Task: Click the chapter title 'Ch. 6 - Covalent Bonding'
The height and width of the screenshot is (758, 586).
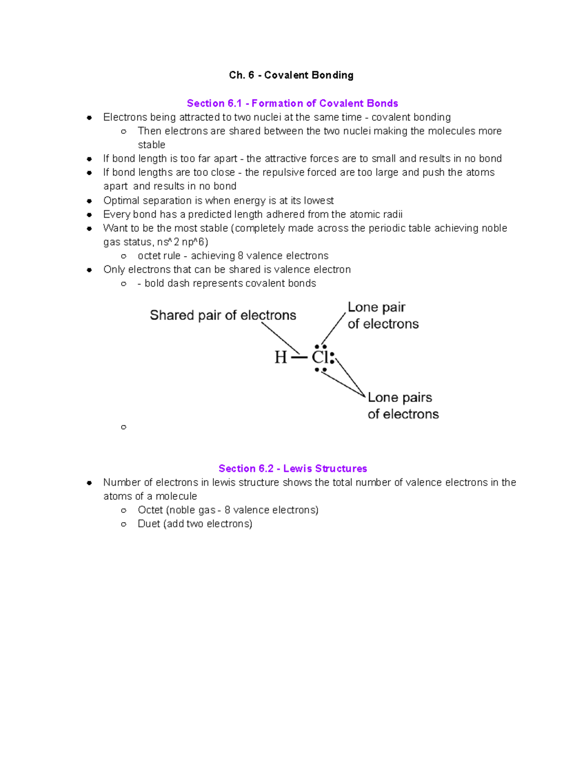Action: [291, 75]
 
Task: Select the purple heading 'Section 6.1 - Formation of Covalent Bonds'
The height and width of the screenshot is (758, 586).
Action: [292, 103]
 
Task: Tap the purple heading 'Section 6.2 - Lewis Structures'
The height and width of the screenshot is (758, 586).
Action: [293, 469]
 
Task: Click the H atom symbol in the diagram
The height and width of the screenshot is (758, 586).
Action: [280, 357]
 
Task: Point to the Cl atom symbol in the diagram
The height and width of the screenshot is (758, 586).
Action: [320, 357]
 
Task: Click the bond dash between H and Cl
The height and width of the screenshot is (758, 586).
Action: [299, 358]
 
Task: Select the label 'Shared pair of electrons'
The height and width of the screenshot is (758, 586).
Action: [223, 315]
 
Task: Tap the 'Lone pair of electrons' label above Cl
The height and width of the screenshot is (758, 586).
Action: [382, 315]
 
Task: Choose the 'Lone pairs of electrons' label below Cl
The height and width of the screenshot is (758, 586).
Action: [402, 406]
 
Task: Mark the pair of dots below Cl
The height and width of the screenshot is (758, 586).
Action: [320, 370]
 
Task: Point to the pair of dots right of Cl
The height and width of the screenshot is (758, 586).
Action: [332, 358]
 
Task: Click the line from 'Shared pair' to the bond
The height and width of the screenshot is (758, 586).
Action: [280, 338]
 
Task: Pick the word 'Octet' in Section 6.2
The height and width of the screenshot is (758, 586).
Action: [150, 510]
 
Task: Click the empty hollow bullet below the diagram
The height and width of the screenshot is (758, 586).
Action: [124, 427]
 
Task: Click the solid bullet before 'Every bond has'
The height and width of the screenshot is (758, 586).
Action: [89, 215]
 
